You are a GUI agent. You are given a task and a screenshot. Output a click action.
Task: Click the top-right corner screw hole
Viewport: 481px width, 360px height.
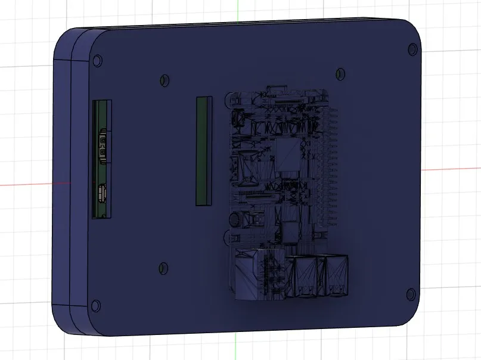pos(411,49)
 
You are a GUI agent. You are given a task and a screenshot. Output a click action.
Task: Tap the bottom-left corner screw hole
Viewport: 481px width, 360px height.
pos(95,307)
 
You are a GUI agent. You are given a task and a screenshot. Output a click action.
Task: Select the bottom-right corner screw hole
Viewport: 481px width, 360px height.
pos(410,293)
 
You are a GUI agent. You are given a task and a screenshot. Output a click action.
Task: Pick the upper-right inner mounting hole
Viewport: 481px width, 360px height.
pos(340,73)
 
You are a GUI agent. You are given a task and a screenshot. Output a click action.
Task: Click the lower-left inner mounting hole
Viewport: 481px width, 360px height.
pos(163,268)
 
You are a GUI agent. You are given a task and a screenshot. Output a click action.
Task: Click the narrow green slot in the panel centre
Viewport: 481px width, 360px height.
pos(204,151)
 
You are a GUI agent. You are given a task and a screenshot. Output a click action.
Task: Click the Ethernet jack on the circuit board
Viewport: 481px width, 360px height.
pos(249,275)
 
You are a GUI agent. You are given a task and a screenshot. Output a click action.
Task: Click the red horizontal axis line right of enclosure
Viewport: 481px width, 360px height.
pos(453,169)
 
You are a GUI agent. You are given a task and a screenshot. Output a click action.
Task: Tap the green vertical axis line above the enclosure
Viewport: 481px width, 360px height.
pos(237,12)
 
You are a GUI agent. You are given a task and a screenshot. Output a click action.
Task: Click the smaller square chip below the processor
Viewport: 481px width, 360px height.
pos(290,229)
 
